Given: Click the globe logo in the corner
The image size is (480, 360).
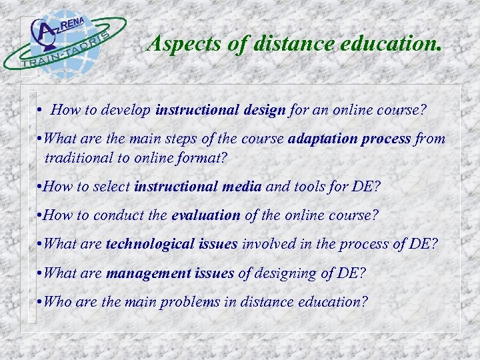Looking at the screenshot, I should (64, 41).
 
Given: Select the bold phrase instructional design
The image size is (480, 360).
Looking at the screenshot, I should (220, 110).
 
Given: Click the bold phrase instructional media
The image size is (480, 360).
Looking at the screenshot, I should (197, 187).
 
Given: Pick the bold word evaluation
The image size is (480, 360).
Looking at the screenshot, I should (205, 215).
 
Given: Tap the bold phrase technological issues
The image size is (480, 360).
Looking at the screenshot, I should (171, 244).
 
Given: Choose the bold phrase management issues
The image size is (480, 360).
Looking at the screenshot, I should (170, 273).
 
